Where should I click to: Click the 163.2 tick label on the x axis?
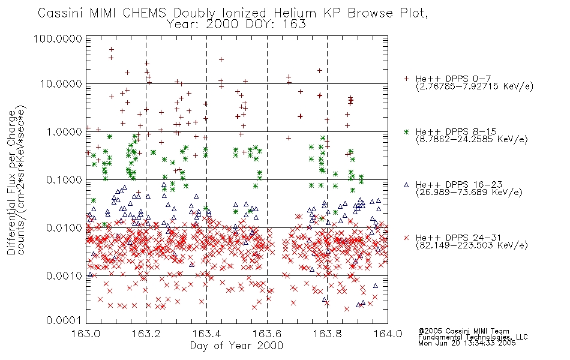tap(146, 334)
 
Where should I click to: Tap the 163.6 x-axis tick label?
tap(267, 334)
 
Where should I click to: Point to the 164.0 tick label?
tap(388, 334)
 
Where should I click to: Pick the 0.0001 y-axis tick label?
tap(64, 320)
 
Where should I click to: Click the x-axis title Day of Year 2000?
tap(236, 346)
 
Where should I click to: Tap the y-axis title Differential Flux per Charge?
tap(11, 183)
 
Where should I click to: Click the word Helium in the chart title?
tap(295, 13)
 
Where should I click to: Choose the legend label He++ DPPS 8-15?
tap(456, 131)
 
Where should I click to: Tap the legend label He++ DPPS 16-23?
tap(459, 184)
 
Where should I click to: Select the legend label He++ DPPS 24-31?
tap(459, 238)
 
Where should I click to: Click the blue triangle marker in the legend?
tap(406, 185)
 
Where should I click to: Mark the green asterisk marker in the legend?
tap(406, 131)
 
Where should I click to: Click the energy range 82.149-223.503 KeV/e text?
tap(472, 245)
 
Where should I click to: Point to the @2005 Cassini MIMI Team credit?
tap(463, 331)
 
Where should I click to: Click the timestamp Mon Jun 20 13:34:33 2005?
tap(467, 343)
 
